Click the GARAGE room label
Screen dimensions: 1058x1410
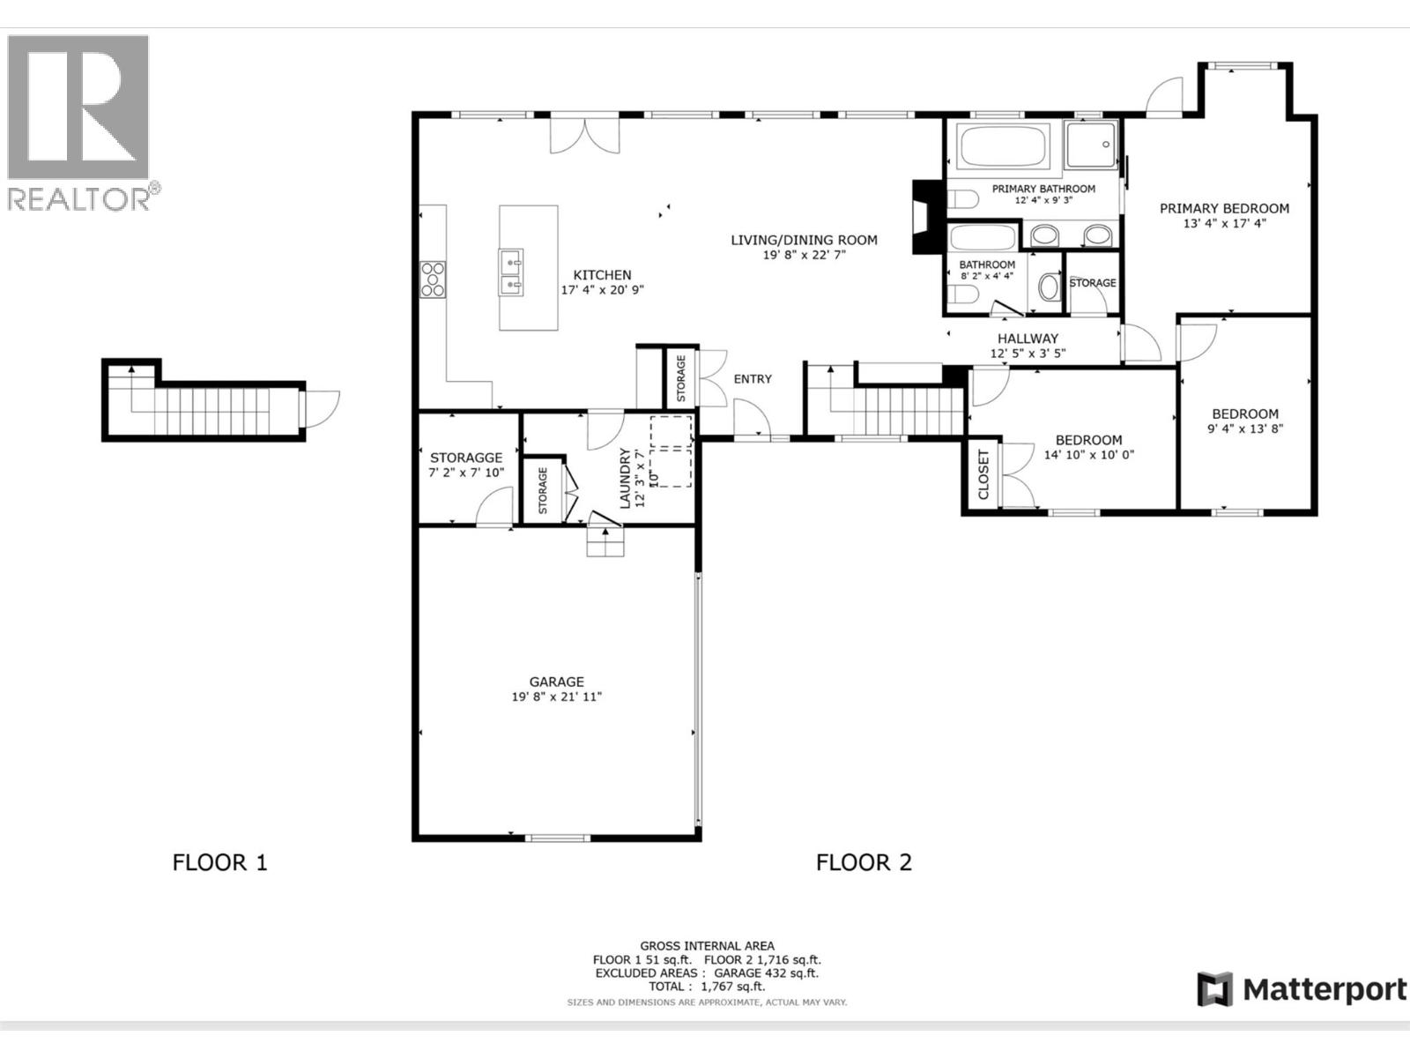[x=556, y=682]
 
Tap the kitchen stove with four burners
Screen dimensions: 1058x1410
[x=434, y=279]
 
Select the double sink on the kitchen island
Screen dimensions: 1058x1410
[x=510, y=273]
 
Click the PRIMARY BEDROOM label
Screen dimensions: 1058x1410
[x=1224, y=209]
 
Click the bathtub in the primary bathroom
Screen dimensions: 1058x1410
[x=1005, y=147]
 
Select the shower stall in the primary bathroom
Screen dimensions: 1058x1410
[x=1090, y=145]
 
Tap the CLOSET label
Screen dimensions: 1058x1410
[x=983, y=474]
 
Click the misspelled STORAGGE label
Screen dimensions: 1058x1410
[x=466, y=458]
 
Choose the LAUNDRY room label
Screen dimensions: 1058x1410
[x=625, y=477]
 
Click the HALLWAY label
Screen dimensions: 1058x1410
[x=1028, y=339]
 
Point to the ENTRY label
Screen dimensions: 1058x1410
[x=753, y=379]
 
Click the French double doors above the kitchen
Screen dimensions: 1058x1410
[x=585, y=136]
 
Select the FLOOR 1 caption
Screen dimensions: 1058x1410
[x=219, y=862]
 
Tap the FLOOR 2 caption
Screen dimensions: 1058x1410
[x=864, y=862]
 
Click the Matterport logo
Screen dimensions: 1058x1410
[x=1302, y=989]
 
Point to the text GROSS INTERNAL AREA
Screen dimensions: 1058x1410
[x=707, y=946]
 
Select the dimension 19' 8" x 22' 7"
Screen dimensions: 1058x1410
[x=804, y=255]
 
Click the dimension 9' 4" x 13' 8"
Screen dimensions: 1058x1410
[x=1244, y=429]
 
